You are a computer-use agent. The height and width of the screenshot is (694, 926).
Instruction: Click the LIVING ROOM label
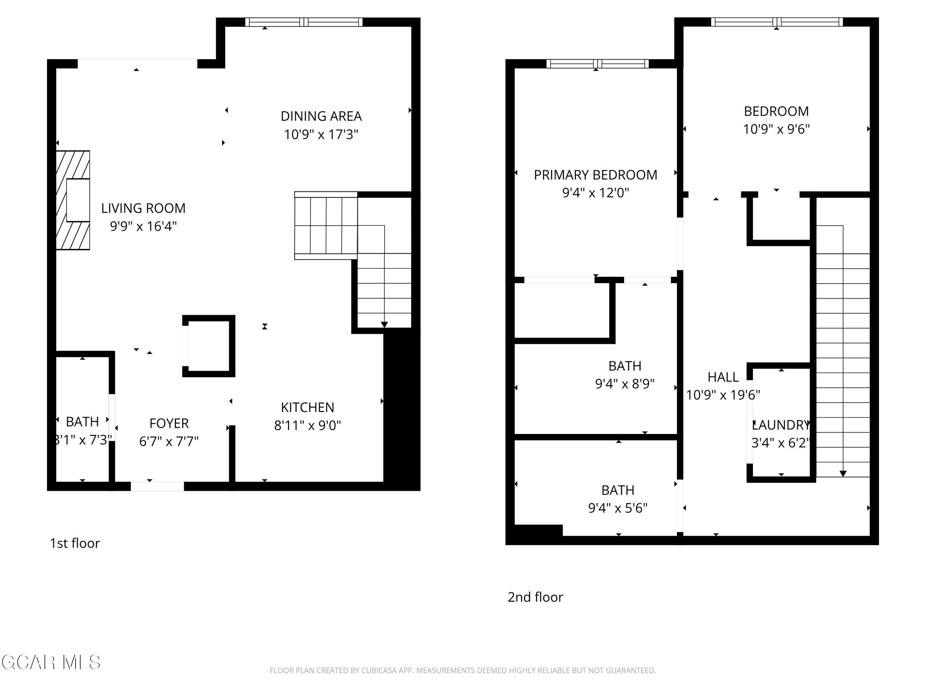143,208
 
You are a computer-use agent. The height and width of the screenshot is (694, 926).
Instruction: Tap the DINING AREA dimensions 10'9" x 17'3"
321,134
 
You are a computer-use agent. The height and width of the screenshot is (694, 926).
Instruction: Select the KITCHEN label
307,407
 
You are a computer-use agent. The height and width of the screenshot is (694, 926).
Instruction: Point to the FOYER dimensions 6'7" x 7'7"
169,441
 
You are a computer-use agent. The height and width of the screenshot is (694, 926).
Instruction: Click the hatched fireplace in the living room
73,200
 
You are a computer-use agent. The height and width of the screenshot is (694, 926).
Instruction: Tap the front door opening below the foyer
157,486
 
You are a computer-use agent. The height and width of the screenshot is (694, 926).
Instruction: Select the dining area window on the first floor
303,22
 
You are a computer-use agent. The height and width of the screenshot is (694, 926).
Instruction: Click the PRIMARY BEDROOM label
595,175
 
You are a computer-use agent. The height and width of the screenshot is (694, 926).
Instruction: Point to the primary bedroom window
597,64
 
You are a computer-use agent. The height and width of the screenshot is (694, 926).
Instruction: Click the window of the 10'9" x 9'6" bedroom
777,22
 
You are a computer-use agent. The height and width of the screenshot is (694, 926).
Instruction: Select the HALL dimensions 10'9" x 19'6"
723,395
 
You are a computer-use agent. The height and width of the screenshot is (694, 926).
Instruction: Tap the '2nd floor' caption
535,597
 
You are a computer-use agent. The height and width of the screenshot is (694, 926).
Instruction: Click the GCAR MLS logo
51,662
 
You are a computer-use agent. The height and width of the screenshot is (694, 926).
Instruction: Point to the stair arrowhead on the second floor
843,473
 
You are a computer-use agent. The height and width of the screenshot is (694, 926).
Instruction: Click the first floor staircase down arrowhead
384,324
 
